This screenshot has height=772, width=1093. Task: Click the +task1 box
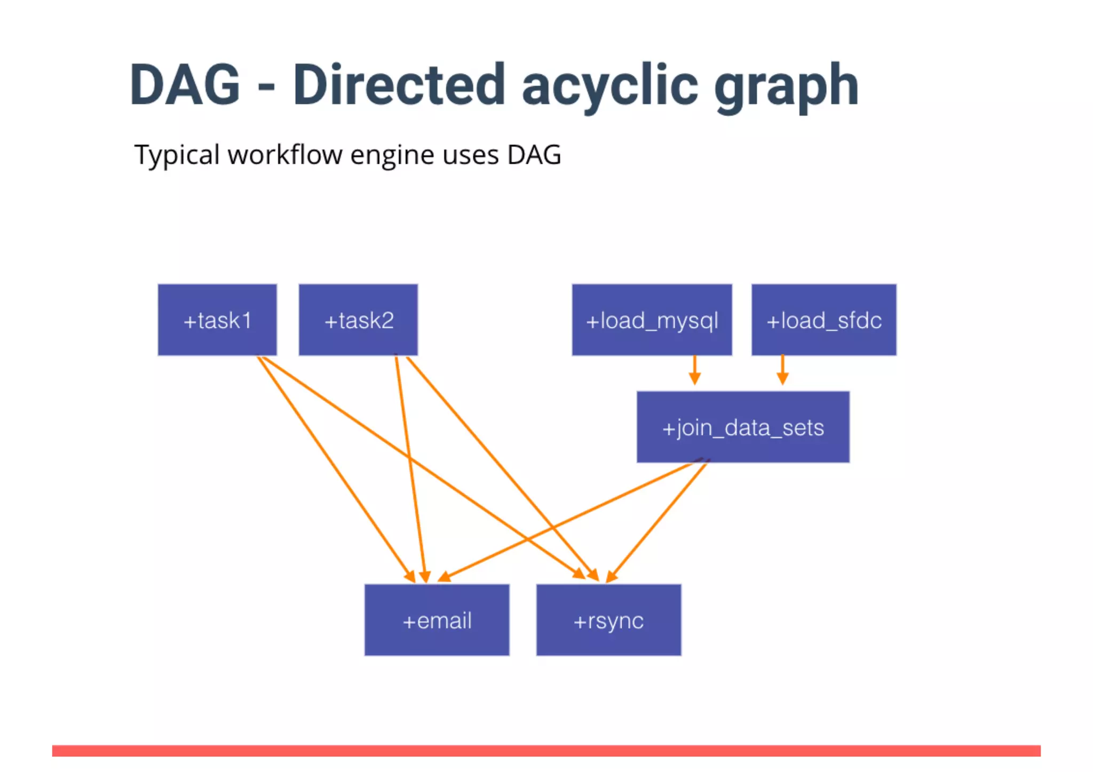(217, 320)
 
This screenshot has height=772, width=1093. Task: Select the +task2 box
(358, 320)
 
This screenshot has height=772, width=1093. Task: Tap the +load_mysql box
(652, 320)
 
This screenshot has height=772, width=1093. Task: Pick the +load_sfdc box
(823, 320)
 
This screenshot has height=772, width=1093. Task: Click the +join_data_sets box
(743, 427)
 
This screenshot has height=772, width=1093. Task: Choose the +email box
(437, 620)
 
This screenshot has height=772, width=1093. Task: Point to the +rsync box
(608, 620)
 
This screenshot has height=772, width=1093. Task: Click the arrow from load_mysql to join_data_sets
(694, 370)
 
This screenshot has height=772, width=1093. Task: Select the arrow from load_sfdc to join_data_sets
(782, 370)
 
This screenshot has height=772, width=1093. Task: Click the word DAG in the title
(185, 85)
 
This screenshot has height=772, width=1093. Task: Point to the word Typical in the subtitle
(177, 156)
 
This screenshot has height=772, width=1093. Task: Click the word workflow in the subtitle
(285, 155)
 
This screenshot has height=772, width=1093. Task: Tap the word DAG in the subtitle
(534, 155)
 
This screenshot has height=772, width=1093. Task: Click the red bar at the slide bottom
(546, 751)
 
